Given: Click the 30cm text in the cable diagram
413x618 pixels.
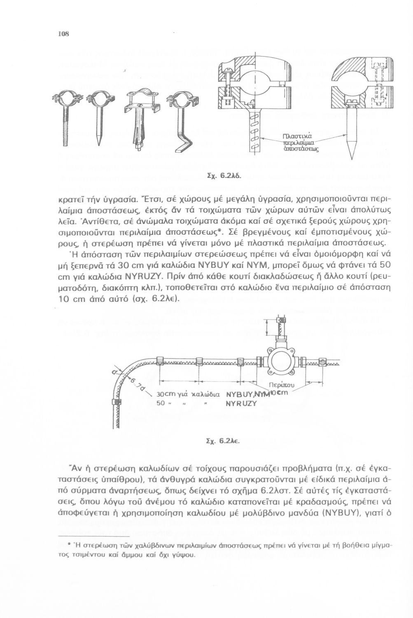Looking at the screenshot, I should [167, 393].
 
